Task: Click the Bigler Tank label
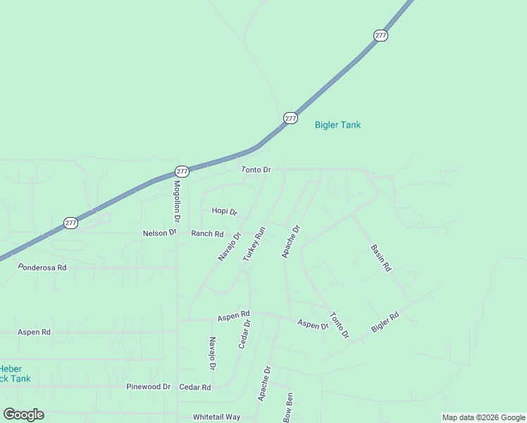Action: point(337,125)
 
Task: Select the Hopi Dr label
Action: point(225,211)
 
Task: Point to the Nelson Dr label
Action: point(159,233)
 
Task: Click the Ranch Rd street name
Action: point(207,233)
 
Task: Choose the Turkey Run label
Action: point(254,245)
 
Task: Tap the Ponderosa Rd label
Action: point(42,268)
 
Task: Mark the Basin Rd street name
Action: point(380,258)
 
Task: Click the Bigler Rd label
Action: point(385,323)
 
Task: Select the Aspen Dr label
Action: point(313,324)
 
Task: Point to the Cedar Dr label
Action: point(244,334)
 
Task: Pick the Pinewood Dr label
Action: point(149,386)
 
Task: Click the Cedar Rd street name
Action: point(195,387)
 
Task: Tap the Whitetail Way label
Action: point(216,417)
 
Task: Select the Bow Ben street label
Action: point(288,407)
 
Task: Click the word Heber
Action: point(10,369)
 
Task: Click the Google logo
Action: point(23,415)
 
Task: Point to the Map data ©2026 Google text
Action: point(483,417)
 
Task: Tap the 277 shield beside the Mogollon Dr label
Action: point(182,171)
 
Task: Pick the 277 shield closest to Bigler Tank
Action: point(290,118)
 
